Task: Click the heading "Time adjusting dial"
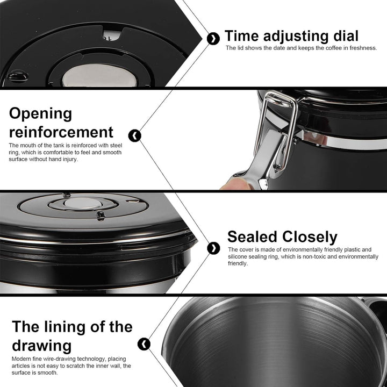pos(291,37)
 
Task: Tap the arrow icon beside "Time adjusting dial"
pos(213,39)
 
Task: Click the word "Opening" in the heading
pos(40,114)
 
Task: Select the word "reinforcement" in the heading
pos(61,132)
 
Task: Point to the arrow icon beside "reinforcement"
pos(135,135)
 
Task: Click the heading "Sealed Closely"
pos(282,237)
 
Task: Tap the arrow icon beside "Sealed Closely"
pos(213,248)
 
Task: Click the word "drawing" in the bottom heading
pos(42,346)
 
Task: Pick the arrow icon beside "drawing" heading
pos(144,344)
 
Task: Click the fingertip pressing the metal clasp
pos(234,184)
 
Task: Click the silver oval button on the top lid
pos(99,76)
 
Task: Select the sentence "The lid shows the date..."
pos(301,48)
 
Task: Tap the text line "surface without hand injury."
pos(44,159)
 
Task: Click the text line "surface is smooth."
pos(34,372)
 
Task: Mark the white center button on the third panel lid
pos(83,204)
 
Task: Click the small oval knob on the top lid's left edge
pos(18,76)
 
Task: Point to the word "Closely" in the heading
pos(310,237)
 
